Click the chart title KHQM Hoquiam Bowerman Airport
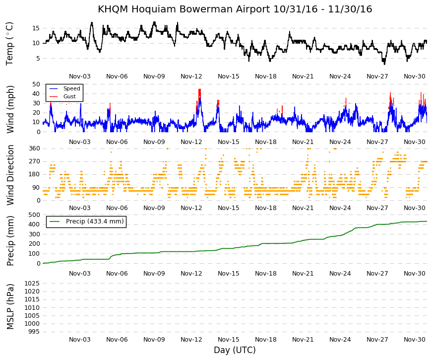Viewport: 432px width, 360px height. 184,9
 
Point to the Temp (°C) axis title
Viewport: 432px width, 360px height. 9,44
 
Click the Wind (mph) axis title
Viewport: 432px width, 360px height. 10,109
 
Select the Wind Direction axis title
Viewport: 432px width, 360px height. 10,175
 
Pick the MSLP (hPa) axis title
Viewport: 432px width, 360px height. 10,306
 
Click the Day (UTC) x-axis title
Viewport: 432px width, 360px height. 235,350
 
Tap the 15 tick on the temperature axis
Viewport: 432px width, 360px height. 36,28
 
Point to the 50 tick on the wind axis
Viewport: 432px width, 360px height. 36,84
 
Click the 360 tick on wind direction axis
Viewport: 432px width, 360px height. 34,148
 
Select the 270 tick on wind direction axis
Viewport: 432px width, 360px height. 34,161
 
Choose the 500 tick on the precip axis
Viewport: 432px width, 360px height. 34,215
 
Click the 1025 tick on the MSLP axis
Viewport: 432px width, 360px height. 32,284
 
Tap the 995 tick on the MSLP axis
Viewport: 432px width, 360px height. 34,332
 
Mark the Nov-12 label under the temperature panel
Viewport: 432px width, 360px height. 191,76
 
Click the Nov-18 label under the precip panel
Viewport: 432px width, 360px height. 265,274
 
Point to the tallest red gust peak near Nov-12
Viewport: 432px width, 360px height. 199,90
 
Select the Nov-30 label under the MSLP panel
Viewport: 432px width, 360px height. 414,340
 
